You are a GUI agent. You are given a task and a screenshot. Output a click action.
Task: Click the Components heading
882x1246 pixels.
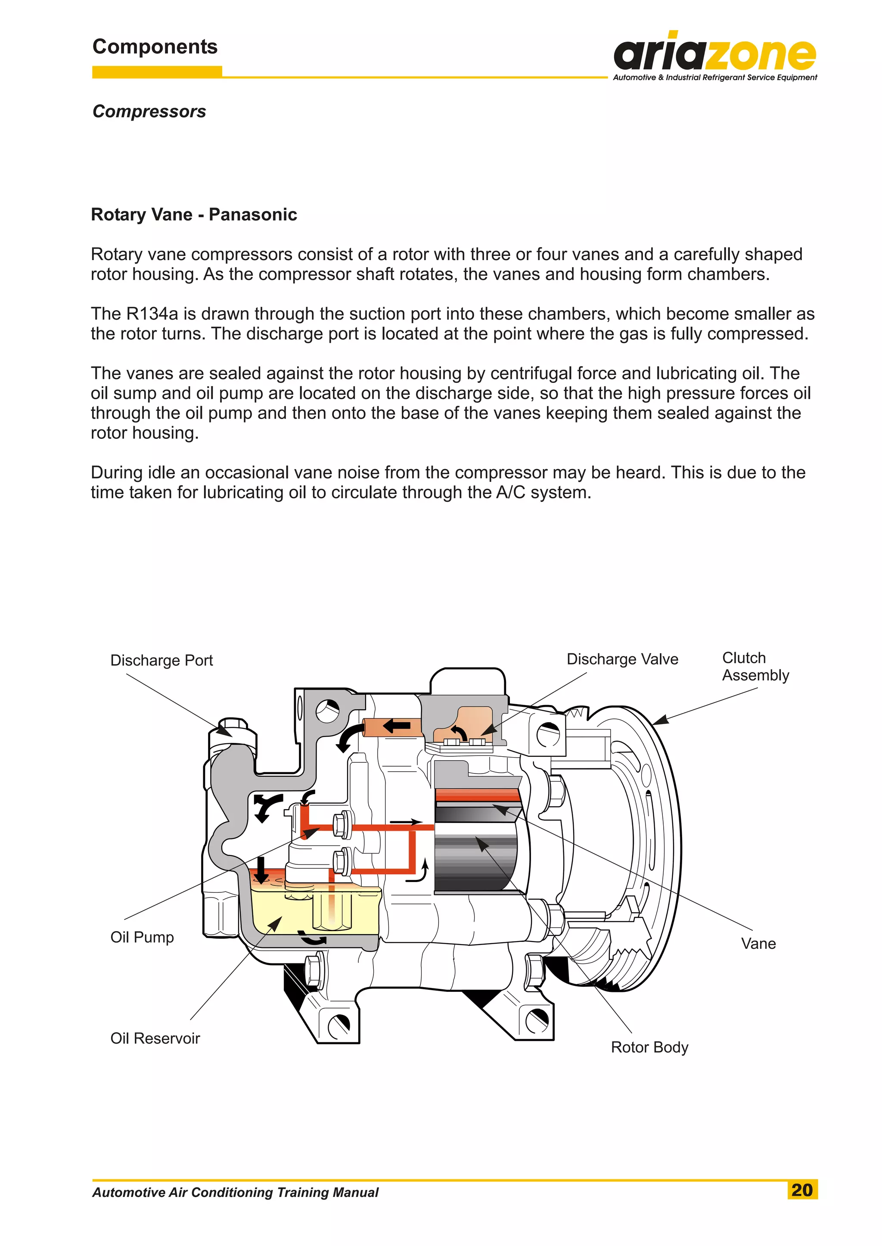tap(155, 47)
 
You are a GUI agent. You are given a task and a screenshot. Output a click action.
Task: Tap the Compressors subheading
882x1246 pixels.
tap(149, 112)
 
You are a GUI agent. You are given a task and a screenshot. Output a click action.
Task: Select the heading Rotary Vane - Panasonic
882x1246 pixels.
tap(194, 214)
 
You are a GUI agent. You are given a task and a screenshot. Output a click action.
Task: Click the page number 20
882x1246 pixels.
tap(801, 1190)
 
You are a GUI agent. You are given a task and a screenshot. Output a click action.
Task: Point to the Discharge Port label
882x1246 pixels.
tap(161, 661)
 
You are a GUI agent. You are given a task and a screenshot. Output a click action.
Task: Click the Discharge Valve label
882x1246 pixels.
tap(622, 659)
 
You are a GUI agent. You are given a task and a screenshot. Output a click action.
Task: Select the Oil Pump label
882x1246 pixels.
tap(142, 937)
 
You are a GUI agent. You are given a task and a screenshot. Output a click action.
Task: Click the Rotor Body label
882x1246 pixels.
tap(649, 1047)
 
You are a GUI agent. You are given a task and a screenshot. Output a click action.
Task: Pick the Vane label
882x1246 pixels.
tap(758, 944)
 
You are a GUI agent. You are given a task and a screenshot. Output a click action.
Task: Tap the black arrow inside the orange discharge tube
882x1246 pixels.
tap(397, 726)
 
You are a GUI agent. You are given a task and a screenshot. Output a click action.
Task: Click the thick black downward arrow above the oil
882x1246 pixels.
tap(262, 870)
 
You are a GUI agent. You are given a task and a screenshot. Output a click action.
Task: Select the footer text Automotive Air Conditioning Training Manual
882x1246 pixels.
tap(235, 1192)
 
